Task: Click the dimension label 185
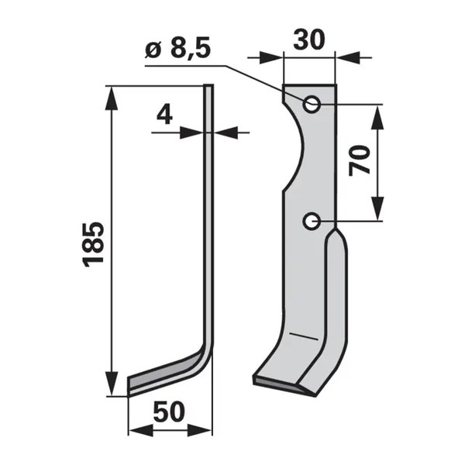coord(94,244)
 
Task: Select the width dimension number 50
coord(169,412)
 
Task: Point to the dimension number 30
coord(309,40)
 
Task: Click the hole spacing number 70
coord(360,160)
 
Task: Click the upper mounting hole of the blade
coord(311,104)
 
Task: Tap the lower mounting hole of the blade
coord(311,221)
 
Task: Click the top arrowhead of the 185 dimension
coord(112,98)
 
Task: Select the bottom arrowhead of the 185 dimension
coord(112,383)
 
